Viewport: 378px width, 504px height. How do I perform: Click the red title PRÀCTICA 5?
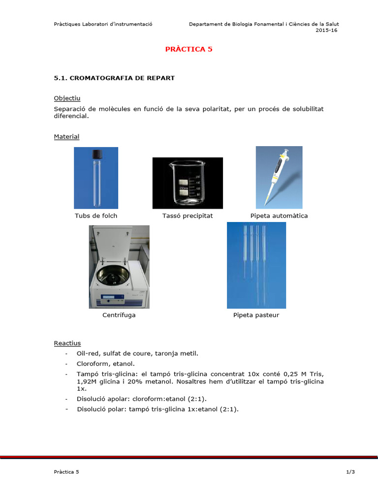coord(189,49)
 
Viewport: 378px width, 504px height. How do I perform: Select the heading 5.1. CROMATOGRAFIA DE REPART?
coord(114,78)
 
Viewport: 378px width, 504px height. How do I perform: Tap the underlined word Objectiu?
coord(67,98)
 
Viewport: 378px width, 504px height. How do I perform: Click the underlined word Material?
coord(66,136)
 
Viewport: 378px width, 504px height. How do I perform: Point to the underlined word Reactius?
coord(67,343)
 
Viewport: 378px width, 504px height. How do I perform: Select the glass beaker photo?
coord(187,183)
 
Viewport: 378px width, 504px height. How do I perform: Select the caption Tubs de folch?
coord(96,216)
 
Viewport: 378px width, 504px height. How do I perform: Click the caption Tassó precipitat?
coord(188,216)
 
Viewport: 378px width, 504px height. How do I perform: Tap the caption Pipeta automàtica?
coord(279,216)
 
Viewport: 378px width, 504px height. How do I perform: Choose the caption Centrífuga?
coord(119,315)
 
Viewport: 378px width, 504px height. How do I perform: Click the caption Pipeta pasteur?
coord(256,315)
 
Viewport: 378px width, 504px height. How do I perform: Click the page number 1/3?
coord(350,472)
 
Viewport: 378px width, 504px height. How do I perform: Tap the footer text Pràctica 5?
coord(66,472)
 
